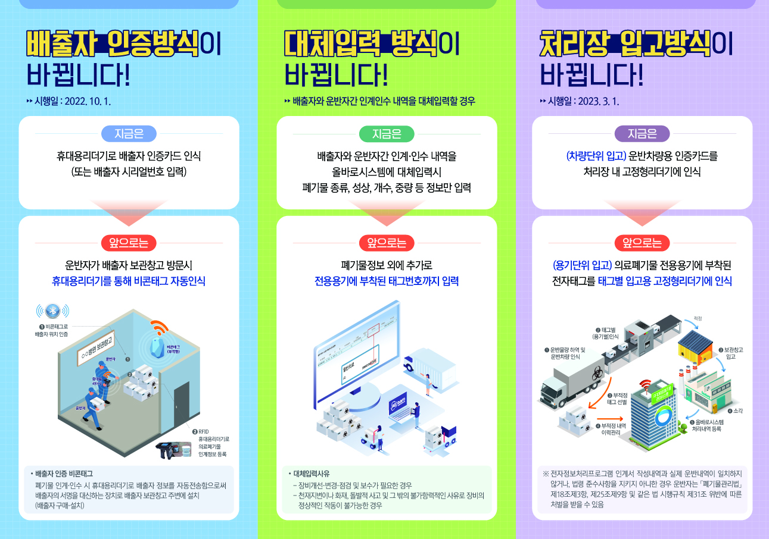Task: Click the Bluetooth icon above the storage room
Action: point(52,311)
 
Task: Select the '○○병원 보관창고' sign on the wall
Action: point(97,350)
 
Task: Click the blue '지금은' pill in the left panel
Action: point(129,134)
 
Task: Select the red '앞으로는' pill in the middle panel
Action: point(387,243)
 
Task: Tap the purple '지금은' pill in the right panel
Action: point(642,134)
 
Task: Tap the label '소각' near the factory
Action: point(739,411)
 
